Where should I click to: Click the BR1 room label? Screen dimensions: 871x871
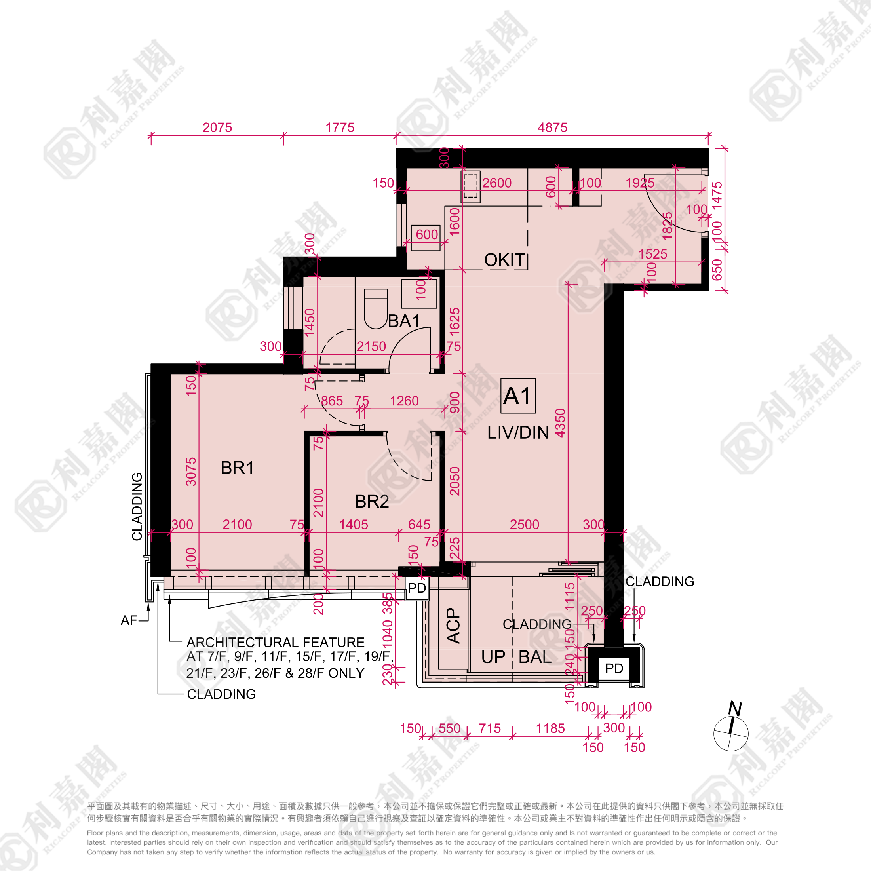pos(237,468)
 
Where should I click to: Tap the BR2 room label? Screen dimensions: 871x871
pos(372,501)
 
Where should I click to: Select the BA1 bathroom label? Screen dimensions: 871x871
pos(404,321)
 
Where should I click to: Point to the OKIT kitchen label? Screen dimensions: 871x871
pos(504,260)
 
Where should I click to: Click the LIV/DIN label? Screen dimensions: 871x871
pos(518,432)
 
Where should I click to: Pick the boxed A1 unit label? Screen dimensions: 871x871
pos(518,396)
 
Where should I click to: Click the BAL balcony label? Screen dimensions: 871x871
pos(535,657)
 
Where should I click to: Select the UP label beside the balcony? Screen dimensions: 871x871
pos(493,657)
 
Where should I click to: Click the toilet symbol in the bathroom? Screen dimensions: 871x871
pos(376,309)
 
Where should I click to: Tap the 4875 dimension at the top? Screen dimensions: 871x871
pos(552,127)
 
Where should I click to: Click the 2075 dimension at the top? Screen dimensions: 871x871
pos(217,127)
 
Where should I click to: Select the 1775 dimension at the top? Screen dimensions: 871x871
pos(340,127)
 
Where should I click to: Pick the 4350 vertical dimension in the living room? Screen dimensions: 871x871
pos(560,423)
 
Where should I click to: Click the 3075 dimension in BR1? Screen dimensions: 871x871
pos(191,472)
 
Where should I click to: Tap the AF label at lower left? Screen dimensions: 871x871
pos(129,621)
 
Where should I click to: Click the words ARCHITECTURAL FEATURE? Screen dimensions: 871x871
pos(276,642)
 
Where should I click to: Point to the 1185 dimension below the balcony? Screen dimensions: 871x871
pos(550,728)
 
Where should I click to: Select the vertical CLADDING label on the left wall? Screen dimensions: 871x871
pos(137,506)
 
